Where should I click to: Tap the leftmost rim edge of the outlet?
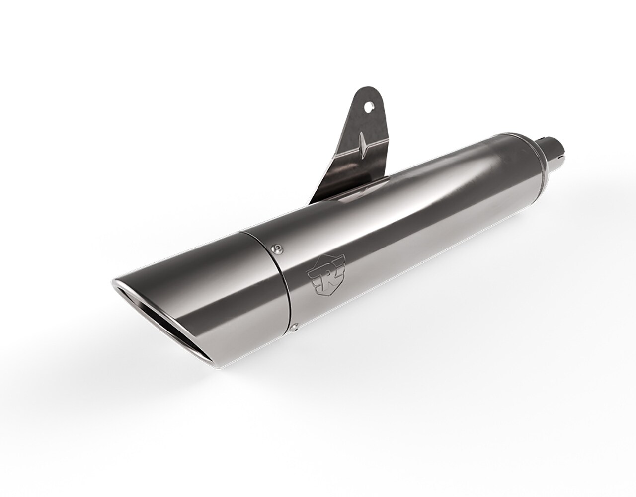tap(112, 284)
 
